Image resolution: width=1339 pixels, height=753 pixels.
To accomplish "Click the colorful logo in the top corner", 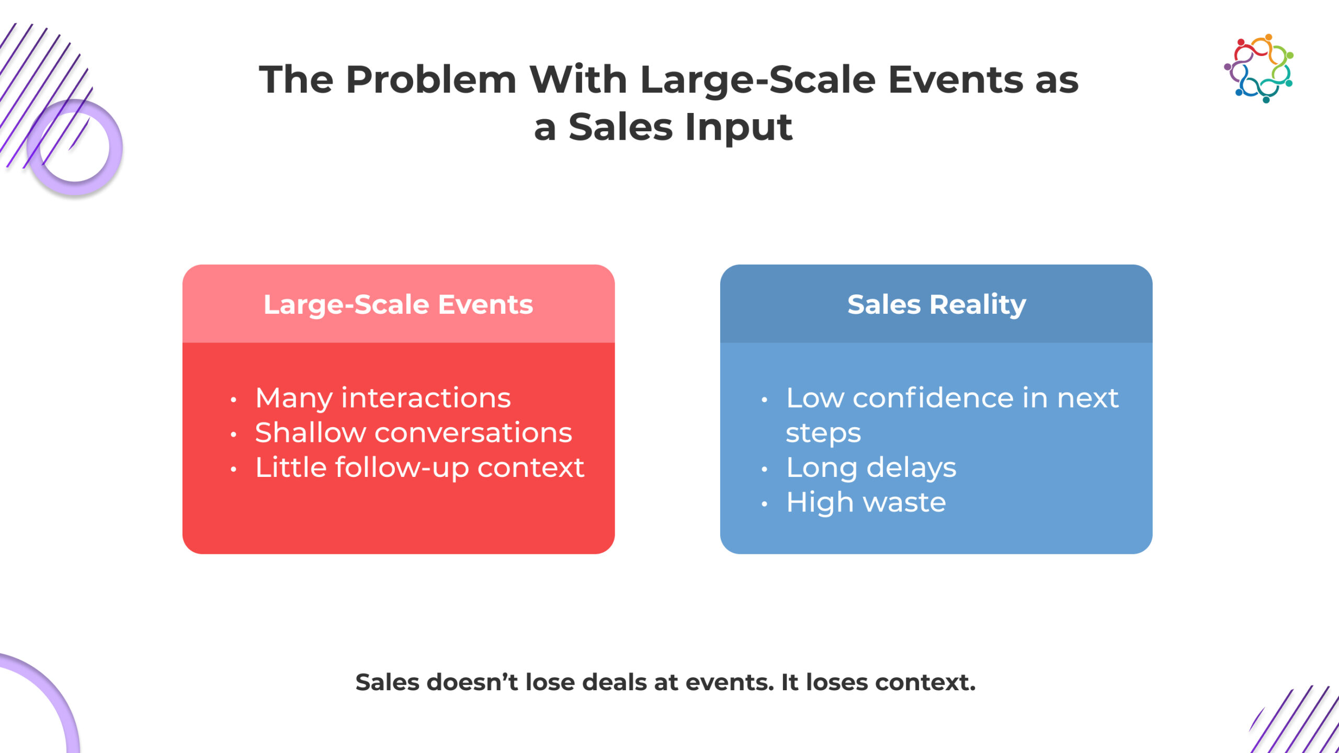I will [x=1258, y=68].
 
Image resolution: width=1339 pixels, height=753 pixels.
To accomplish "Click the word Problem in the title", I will [x=431, y=80].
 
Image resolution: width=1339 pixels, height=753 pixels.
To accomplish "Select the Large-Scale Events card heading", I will [x=398, y=304].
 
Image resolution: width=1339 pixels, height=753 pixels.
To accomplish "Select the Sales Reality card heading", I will [x=936, y=304].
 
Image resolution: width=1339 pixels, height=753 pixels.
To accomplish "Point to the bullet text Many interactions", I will [x=383, y=398].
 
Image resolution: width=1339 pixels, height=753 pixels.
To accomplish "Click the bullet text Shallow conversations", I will [x=413, y=433].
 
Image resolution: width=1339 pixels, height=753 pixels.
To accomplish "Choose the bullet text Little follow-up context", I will [x=419, y=467].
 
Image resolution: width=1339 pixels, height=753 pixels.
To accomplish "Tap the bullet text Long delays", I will [x=871, y=467].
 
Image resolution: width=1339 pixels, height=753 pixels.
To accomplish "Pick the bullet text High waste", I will [x=866, y=503].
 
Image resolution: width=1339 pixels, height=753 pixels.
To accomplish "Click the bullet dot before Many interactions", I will [x=233, y=401].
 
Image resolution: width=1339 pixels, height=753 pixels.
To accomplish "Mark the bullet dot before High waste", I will [x=764, y=505].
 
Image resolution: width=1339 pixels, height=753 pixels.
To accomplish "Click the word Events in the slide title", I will [x=955, y=80].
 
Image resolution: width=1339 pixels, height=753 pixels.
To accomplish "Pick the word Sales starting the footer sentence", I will [x=387, y=682].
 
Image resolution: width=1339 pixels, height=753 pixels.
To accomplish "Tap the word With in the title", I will [x=578, y=80].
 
